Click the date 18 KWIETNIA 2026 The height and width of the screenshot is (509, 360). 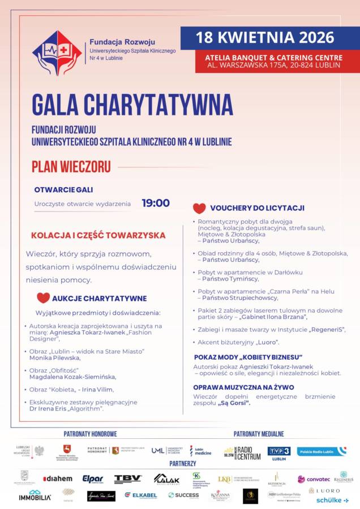tap(265, 38)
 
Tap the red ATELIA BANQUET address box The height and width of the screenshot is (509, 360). tap(268, 61)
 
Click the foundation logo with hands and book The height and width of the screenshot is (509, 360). tap(57, 53)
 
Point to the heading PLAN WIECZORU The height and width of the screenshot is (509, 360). tap(71, 167)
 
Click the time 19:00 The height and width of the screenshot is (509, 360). tap(156, 203)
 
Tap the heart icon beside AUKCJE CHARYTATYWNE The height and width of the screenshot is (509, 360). tap(43, 297)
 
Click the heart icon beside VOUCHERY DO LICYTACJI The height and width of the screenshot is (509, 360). tap(199, 208)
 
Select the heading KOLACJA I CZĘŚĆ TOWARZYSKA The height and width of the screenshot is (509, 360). tap(98, 235)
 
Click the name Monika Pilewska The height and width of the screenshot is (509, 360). tap(55, 358)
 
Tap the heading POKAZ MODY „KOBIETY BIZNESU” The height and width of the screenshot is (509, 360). tap(248, 357)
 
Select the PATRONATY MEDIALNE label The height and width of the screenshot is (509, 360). tap(259, 434)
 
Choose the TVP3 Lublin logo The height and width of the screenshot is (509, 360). tap(279, 452)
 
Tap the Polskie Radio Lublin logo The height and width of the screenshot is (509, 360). tap(322, 451)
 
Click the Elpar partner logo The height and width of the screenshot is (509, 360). tap(93, 479)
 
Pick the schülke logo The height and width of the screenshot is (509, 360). tap(332, 500)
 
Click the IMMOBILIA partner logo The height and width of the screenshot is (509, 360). tap(35, 496)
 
